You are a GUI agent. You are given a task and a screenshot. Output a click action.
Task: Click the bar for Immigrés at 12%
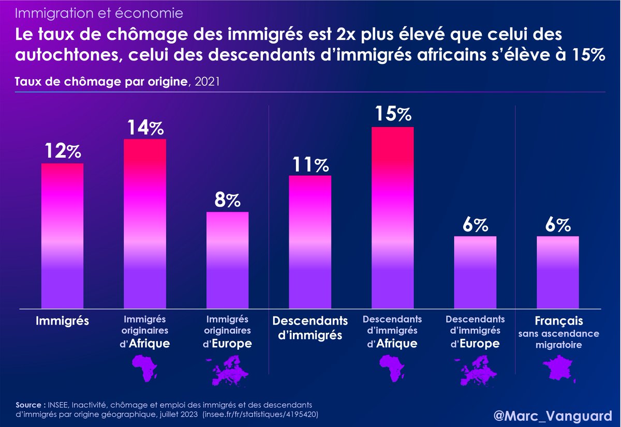coord(62,236)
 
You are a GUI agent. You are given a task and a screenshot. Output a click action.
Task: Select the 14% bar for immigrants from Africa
coord(144,224)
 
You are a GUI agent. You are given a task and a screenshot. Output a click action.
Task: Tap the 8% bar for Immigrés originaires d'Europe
coord(227,260)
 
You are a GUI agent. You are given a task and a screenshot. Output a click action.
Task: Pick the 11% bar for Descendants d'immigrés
coord(310,242)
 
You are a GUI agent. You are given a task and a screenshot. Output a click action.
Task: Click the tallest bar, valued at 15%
coord(392,218)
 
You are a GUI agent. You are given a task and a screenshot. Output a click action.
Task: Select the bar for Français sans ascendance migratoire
coord(557,272)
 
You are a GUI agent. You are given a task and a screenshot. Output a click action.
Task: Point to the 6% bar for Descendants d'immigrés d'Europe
coord(475,272)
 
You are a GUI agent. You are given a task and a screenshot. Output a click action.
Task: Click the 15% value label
coord(392,114)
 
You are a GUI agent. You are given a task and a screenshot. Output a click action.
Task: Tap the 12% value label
coord(62,151)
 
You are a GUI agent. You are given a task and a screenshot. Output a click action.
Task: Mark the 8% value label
coord(227,200)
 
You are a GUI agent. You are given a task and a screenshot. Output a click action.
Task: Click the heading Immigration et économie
coord(98,12)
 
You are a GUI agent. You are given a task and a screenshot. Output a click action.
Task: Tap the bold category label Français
coord(558,321)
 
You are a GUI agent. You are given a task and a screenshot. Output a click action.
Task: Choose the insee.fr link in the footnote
coord(260,415)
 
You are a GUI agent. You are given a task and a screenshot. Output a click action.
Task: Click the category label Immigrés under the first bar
coord(62,321)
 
